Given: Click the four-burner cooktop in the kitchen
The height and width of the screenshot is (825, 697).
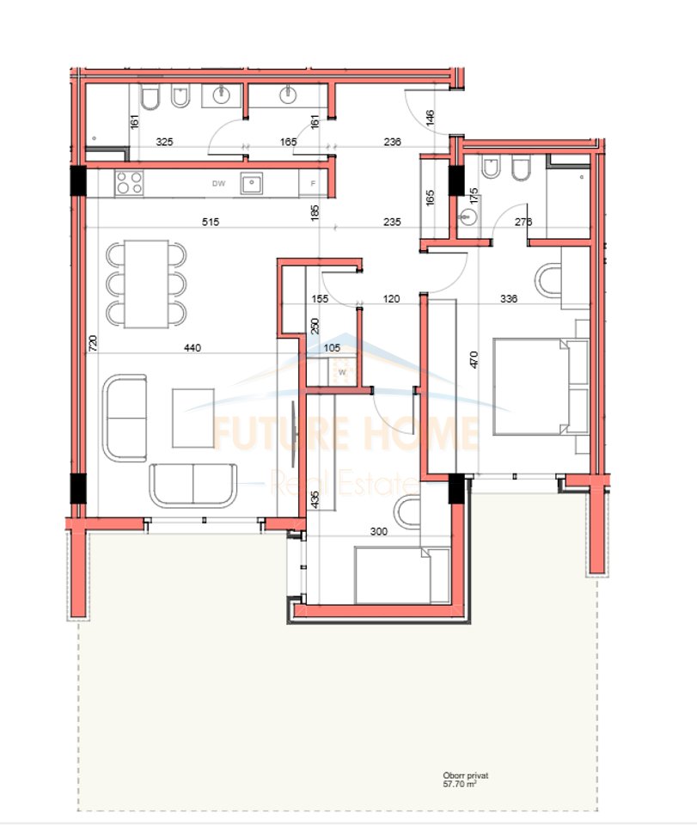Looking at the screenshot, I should click(x=130, y=182).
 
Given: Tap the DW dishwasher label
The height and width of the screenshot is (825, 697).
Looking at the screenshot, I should click(x=219, y=183).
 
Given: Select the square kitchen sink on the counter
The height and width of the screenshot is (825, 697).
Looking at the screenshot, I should click(x=252, y=182).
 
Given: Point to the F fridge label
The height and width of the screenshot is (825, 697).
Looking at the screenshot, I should click(x=313, y=183).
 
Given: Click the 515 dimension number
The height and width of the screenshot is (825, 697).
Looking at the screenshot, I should click(x=211, y=222).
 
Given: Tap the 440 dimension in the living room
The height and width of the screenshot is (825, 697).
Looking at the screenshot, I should click(x=192, y=348).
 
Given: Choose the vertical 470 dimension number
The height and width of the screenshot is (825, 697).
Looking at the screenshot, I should click(x=471, y=357).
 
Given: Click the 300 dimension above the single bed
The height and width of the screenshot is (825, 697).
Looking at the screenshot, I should click(x=378, y=531).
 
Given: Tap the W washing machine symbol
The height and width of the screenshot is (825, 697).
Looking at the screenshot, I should click(x=342, y=371).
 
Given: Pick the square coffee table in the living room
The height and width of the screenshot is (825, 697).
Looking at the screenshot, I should click(x=192, y=418).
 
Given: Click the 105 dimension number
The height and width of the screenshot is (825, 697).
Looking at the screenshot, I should click(x=332, y=347).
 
